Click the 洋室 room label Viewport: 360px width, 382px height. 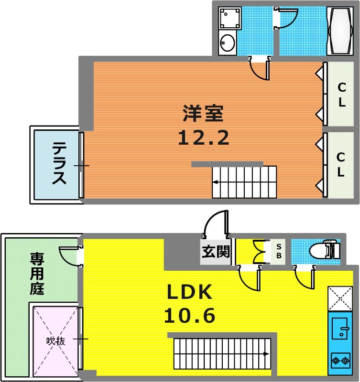tap(203, 113)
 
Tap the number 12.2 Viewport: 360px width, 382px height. tap(203, 138)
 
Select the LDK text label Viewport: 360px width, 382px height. tap(189, 292)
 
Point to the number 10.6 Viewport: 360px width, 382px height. tap(189, 316)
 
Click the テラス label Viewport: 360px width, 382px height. tap(59, 163)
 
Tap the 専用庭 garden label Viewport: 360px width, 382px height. tap(37, 274)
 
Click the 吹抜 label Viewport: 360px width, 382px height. tap(56, 341)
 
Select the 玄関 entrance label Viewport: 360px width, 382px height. tap(216, 252)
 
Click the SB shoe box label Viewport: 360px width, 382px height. tap(279, 251)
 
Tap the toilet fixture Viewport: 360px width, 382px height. tap(325, 249)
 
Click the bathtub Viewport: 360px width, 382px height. tap(340, 31)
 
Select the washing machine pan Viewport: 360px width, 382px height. tap(230, 18)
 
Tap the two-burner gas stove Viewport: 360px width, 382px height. tap(340, 361)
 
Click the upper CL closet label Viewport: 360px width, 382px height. tap(342, 95)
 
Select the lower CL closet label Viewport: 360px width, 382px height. tap(341, 164)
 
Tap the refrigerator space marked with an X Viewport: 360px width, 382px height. tap(340, 299)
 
